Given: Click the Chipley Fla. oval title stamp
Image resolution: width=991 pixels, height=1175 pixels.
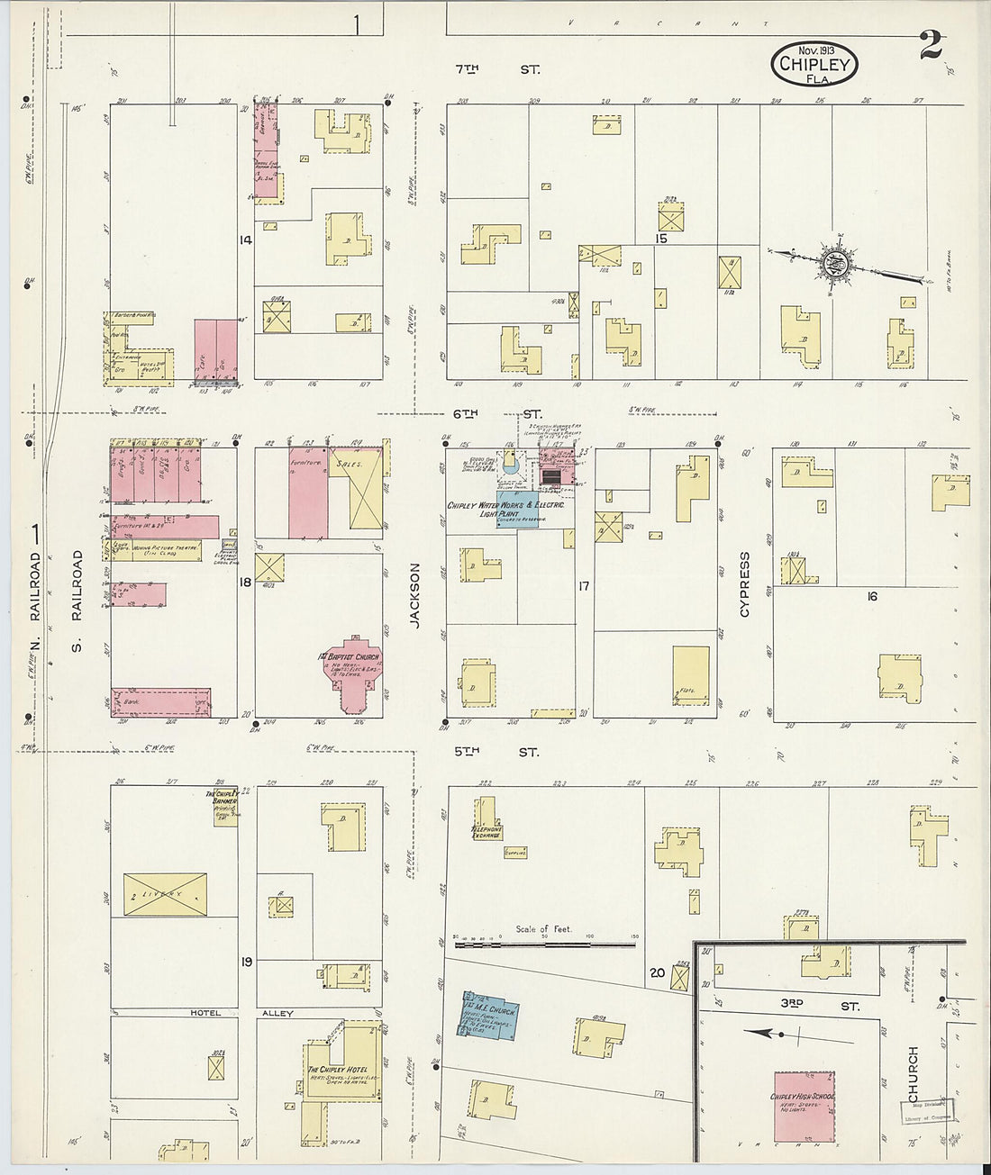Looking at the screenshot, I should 814,64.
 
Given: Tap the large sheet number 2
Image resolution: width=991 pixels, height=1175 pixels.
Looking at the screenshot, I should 931,43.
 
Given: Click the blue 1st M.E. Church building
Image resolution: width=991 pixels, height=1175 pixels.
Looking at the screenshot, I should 489,1013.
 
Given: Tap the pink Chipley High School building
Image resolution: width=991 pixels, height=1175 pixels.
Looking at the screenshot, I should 805,1107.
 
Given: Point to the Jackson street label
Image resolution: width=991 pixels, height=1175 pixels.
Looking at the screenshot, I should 415,595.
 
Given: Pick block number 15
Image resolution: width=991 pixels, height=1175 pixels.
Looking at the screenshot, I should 661,239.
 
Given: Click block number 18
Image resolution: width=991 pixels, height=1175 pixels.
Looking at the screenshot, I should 245,583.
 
